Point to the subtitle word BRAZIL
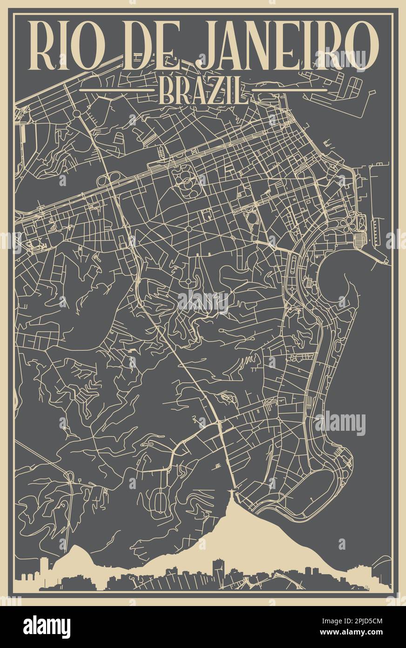(203, 91)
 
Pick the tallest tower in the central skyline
(218, 568)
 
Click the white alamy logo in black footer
(47, 627)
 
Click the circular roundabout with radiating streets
(189, 228)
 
